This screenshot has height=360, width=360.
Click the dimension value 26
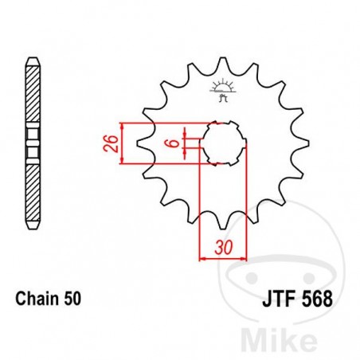click(x=112, y=144)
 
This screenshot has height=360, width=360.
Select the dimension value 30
click(x=222, y=248)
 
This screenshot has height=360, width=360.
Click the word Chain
click(x=36, y=300)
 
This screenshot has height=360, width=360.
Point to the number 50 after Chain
click(x=71, y=300)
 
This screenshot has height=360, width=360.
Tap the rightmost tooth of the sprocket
click(x=303, y=144)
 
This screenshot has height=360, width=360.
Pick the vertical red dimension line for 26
click(x=121, y=144)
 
